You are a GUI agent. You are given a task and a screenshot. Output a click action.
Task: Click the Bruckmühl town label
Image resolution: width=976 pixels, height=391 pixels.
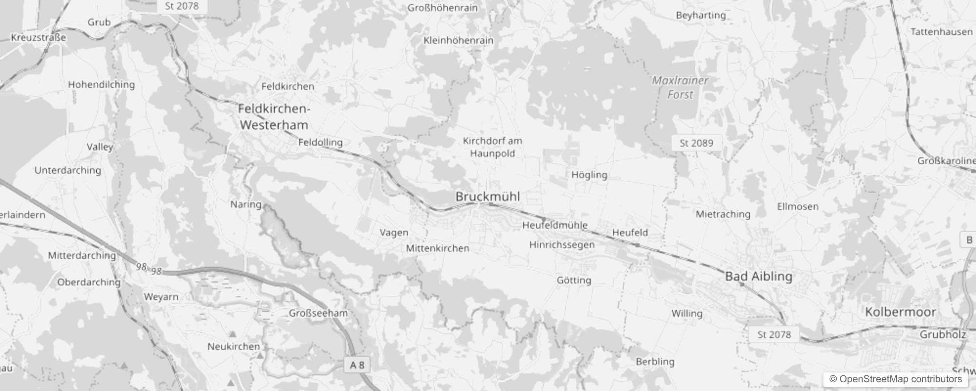click(488, 196)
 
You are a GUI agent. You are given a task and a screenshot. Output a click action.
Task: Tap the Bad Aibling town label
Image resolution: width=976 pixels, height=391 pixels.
click(758, 276)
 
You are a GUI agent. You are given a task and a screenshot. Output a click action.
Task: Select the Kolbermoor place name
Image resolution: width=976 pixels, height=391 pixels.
click(900, 312)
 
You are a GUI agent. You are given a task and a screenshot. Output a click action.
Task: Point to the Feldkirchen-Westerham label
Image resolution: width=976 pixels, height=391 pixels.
click(274, 117)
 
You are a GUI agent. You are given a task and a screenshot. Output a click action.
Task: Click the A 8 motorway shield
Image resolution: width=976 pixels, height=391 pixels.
click(357, 365)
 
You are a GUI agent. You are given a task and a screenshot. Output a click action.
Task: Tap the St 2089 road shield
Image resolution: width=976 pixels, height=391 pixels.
click(696, 143)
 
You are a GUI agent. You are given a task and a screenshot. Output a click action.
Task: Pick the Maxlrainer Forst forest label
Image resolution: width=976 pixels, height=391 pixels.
click(680, 87)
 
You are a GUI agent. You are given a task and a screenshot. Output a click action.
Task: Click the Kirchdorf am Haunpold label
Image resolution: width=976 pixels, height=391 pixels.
click(492, 147)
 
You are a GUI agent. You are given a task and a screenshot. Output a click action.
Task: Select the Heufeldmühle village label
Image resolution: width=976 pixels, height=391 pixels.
click(555, 225)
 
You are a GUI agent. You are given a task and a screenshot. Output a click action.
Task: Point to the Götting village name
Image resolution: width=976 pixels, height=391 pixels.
click(574, 280)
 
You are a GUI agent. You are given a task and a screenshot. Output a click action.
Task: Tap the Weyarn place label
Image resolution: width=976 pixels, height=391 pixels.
click(161, 297)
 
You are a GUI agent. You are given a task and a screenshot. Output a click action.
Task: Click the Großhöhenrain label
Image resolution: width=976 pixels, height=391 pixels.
click(443, 8)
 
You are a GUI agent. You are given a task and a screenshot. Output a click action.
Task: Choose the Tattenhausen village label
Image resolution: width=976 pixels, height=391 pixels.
click(941, 32)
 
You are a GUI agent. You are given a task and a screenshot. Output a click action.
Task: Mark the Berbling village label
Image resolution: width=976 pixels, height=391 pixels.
click(655, 362)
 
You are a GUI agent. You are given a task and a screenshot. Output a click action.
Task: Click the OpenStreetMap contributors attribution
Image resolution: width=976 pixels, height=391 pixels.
click(895, 379)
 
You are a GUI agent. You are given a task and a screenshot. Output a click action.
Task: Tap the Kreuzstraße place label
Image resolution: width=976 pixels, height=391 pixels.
click(38, 38)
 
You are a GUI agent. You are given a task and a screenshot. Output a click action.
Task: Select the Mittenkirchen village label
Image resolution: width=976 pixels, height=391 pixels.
click(437, 248)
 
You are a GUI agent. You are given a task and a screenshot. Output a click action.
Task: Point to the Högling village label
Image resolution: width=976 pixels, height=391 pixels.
click(589, 174)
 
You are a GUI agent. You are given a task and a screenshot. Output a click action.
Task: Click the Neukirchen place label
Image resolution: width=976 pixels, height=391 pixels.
click(234, 347)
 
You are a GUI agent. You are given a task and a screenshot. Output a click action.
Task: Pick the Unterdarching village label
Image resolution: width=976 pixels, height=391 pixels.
click(67, 170)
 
